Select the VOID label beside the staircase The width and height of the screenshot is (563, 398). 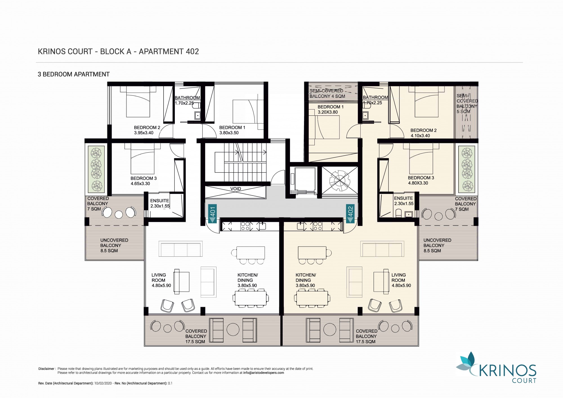[236, 189]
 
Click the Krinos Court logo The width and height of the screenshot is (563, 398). [496, 367]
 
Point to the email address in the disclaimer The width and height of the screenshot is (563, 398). [263, 373]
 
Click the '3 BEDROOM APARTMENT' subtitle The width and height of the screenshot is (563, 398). [74, 74]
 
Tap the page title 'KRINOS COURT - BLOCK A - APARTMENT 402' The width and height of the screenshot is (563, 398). [118, 52]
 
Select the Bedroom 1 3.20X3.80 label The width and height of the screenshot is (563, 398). [330, 109]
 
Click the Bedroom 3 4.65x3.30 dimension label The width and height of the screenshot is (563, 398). [144, 181]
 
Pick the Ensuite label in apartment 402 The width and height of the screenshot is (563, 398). [404, 201]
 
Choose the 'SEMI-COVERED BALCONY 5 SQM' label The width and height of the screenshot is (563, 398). [467, 104]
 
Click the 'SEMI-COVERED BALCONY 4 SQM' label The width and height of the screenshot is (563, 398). [327, 93]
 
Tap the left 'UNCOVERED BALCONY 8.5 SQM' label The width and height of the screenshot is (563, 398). [114, 245]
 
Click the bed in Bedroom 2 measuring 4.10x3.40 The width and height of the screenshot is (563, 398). [426, 102]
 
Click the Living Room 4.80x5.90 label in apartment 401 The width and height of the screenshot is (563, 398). [161, 280]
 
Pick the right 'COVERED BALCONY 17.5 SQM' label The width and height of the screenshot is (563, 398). [366, 336]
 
